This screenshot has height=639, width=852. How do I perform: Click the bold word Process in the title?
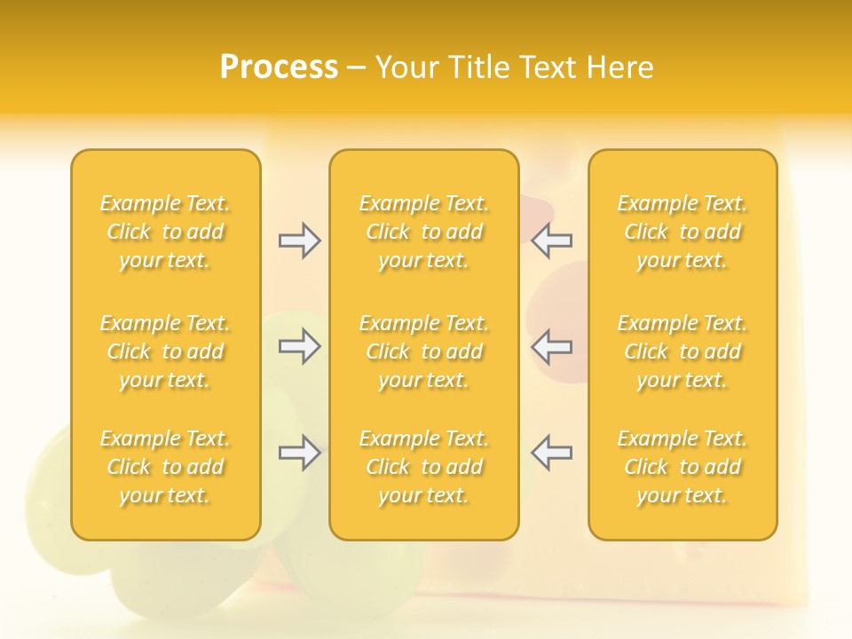[x=279, y=67]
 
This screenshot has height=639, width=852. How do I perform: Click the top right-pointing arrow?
[x=299, y=241]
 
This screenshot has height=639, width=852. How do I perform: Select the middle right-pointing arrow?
[x=299, y=346]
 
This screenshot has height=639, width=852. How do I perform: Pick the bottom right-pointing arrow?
[x=299, y=453]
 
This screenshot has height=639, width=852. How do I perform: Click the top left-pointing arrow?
[x=552, y=241]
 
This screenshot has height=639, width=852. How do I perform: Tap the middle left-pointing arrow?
[x=552, y=346]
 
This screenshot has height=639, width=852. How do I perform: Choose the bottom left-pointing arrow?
[x=552, y=453]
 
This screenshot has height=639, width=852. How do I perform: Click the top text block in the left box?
[x=165, y=232]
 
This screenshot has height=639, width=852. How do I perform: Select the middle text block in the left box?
[x=165, y=351]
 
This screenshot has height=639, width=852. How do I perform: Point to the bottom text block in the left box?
[x=165, y=467]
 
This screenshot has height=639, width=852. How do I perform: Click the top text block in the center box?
[x=424, y=232]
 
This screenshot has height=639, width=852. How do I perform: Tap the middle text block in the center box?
[x=424, y=351]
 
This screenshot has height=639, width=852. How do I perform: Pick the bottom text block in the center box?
[x=424, y=467]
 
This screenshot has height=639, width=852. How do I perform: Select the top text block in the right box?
[x=682, y=232]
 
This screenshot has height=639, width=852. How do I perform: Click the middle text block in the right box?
[x=682, y=351]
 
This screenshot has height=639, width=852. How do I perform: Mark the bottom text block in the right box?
[x=682, y=467]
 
